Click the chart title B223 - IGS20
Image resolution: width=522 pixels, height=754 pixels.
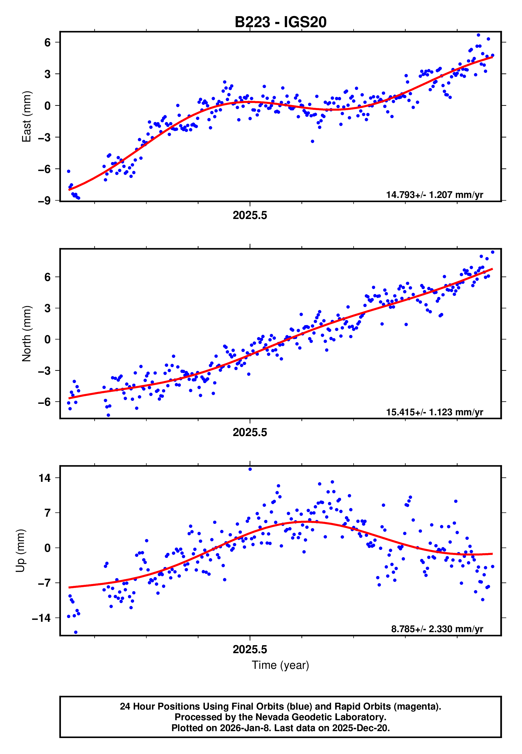280,22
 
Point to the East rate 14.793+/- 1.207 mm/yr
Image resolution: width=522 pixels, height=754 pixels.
434,195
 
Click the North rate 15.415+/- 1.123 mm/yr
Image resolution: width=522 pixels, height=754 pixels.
434,412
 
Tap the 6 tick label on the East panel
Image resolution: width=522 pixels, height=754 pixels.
48,42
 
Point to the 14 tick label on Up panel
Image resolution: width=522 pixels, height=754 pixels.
44,478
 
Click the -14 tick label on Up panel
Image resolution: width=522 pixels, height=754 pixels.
41,618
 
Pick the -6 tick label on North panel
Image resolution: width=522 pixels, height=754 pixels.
44,402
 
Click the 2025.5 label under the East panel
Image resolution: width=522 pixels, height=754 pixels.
250,215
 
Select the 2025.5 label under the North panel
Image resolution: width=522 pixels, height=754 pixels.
250,432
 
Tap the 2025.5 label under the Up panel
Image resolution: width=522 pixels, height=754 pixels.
250,649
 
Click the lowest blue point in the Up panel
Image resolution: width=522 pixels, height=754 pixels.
76,632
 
